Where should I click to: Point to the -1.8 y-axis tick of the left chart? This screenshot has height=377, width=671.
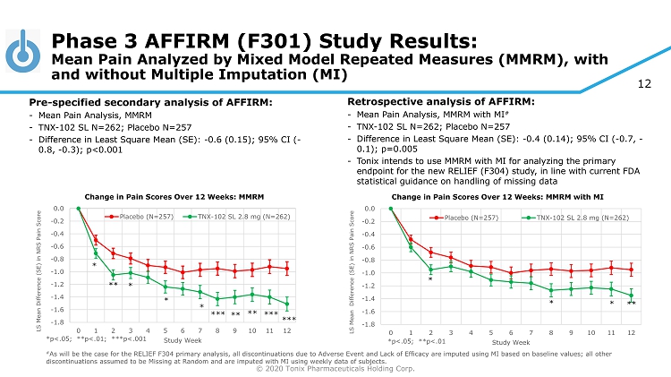click(x=59, y=321)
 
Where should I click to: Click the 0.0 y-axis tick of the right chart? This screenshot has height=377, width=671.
click(x=370, y=210)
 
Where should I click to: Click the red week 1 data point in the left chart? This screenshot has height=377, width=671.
click(x=96, y=238)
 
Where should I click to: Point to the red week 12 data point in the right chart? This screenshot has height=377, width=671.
click(x=632, y=270)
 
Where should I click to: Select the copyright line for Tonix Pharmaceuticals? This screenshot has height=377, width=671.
click(x=335, y=368)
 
